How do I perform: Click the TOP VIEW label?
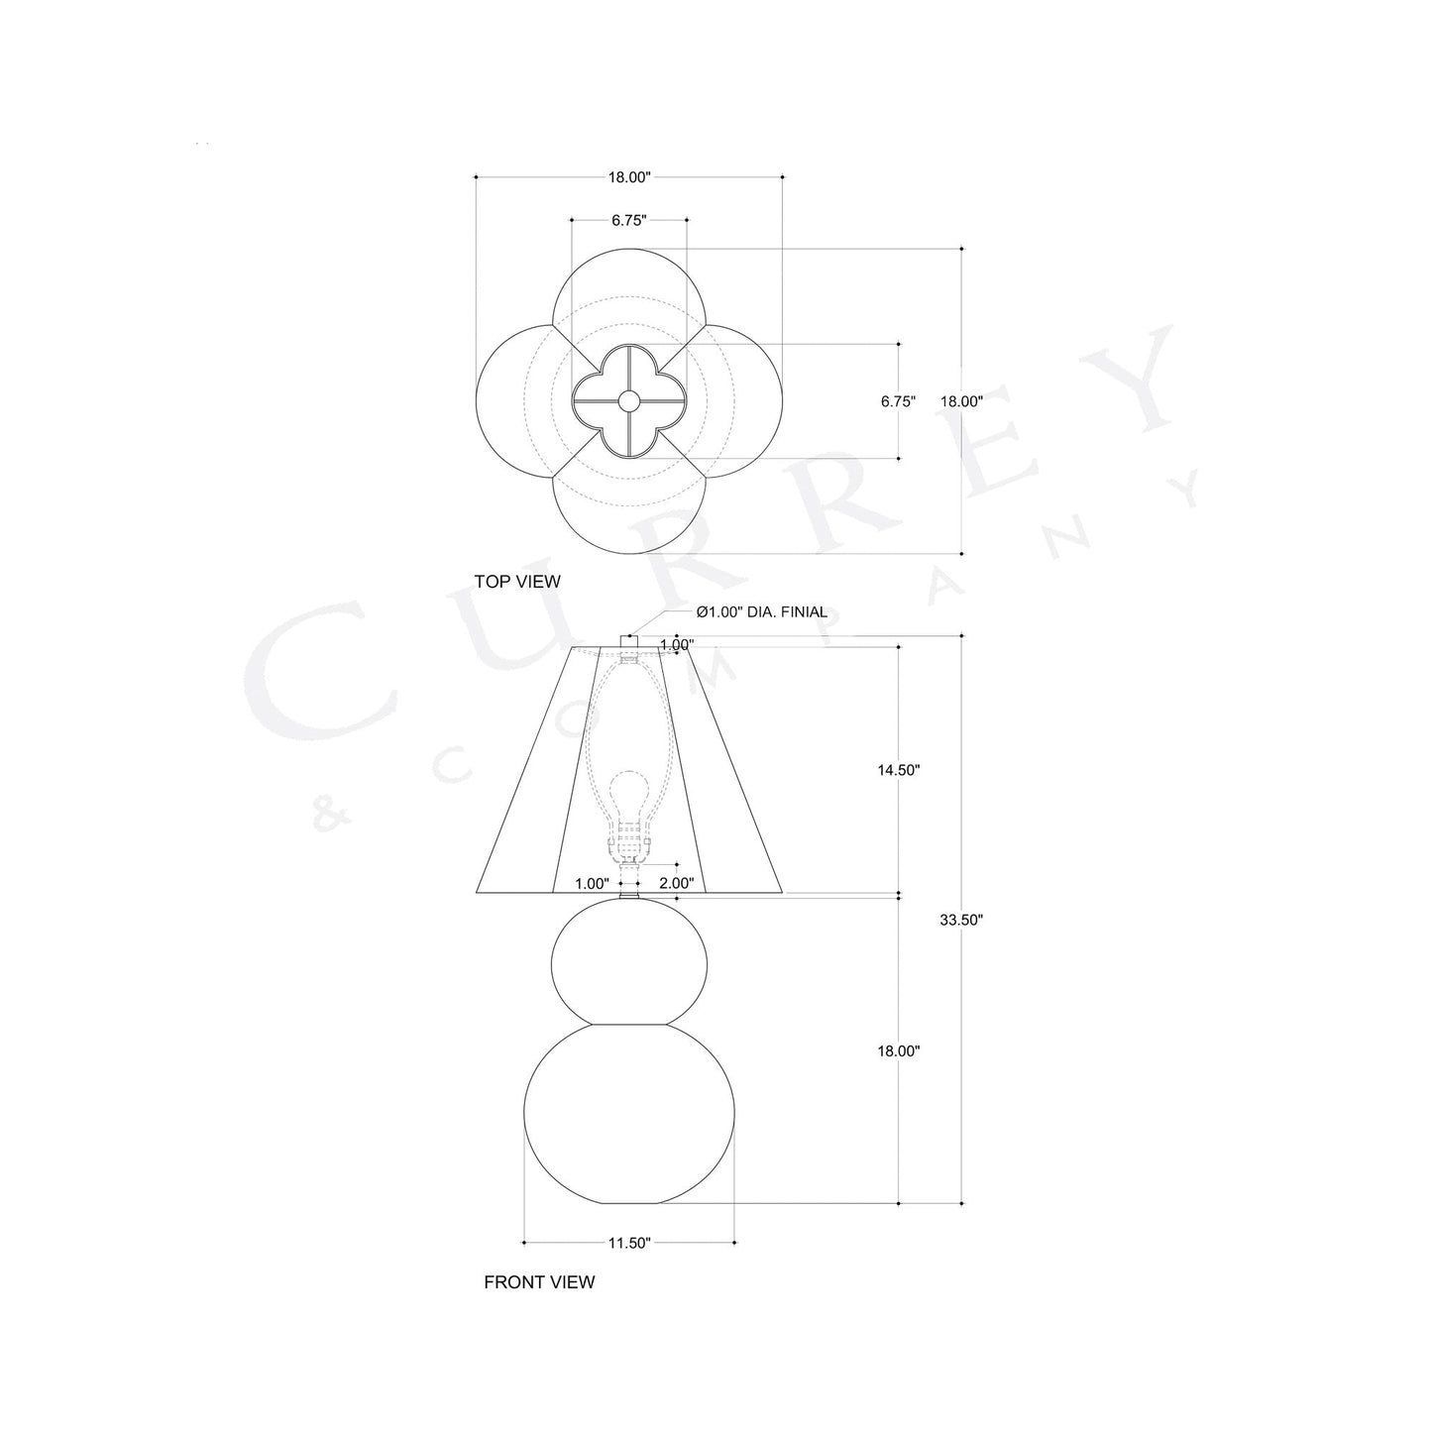pyautogui.click(x=516, y=582)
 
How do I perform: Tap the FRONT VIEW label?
pyautogui.click(x=539, y=1282)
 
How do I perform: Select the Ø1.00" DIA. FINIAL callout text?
pyautogui.click(x=761, y=612)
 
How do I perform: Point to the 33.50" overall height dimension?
pyautogui.click(x=961, y=920)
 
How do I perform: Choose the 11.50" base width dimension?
pyautogui.click(x=629, y=1243)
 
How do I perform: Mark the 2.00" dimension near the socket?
pyautogui.click(x=676, y=883)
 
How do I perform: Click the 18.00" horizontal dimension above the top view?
pyautogui.click(x=629, y=178)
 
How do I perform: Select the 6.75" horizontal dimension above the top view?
pyautogui.click(x=629, y=221)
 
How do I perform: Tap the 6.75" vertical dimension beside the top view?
pyautogui.click(x=898, y=401)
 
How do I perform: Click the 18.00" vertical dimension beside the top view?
pyautogui.click(x=960, y=401)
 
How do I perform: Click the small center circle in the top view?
pyautogui.click(x=629, y=401)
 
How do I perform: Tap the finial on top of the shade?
pyautogui.click(x=628, y=640)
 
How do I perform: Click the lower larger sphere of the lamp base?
pyautogui.click(x=629, y=1115)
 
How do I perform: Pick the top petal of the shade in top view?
pyautogui.click(x=629, y=287)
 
